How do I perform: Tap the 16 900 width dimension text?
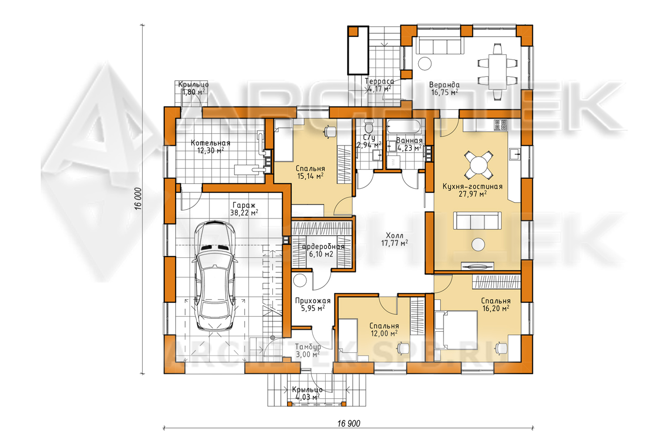(348, 423)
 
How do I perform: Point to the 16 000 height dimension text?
(138, 198)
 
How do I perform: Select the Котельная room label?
(211, 143)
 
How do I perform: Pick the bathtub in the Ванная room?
(404, 127)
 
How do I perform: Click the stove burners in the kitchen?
(500, 125)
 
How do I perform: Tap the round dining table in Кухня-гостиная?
(478, 164)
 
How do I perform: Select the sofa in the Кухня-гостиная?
(477, 221)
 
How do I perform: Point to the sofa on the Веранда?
(440, 46)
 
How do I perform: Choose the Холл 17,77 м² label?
(395, 239)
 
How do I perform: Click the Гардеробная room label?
(321, 247)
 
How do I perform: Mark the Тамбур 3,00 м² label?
(308, 350)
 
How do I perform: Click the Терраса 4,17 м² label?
(379, 85)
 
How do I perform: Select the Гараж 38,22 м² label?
(244, 209)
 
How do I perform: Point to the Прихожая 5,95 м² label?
(313, 304)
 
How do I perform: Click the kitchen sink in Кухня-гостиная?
(514, 155)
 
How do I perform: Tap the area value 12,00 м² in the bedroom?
(384, 333)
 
